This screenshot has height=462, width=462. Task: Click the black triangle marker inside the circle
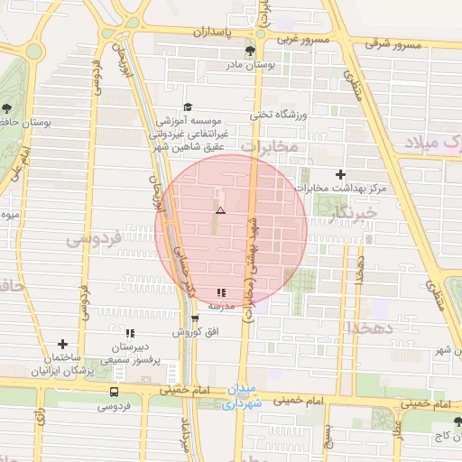tap(220, 210)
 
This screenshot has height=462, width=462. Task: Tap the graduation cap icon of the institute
tap(188, 106)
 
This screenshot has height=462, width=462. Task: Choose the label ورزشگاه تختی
tap(280, 115)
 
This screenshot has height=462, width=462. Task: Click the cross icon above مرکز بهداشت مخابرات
tap(339, 174)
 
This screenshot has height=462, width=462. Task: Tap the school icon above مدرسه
tap(222, 292)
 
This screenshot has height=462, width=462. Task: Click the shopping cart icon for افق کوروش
tap(194, 319)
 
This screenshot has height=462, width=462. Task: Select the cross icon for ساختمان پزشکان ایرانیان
tap(62, 344)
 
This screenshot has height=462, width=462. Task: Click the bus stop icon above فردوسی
tap(114, 392)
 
